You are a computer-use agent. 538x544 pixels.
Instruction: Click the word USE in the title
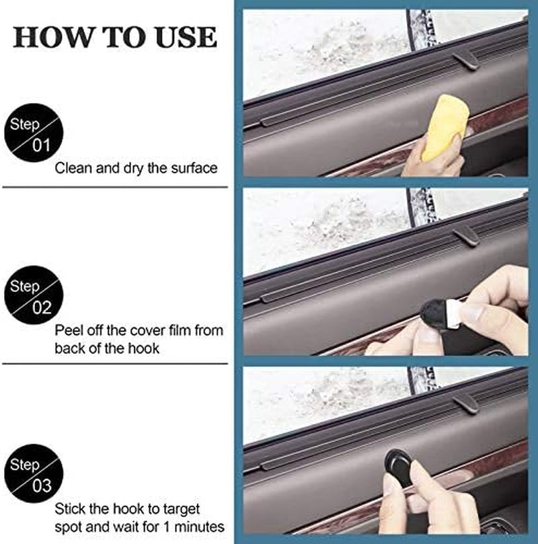pyautogui.click(x=186, y=37)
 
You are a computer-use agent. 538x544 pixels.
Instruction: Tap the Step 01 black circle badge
pyautogui.click(x=34, y=132)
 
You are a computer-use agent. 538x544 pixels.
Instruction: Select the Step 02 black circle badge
pyautogui.click(x=34, y=295)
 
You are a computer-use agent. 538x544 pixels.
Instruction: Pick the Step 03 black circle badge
pyautogui.click(x=34, y=473)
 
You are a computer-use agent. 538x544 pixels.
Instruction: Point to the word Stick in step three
pyautogui.click(x=71, y=509)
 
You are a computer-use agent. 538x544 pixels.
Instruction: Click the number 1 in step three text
pyautogui.click(x=167, y=527)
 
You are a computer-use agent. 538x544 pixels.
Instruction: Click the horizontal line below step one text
pyautogui.click(x=115, y=187)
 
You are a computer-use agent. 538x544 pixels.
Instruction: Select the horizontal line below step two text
pyautogui.click(x=115, y=364)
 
